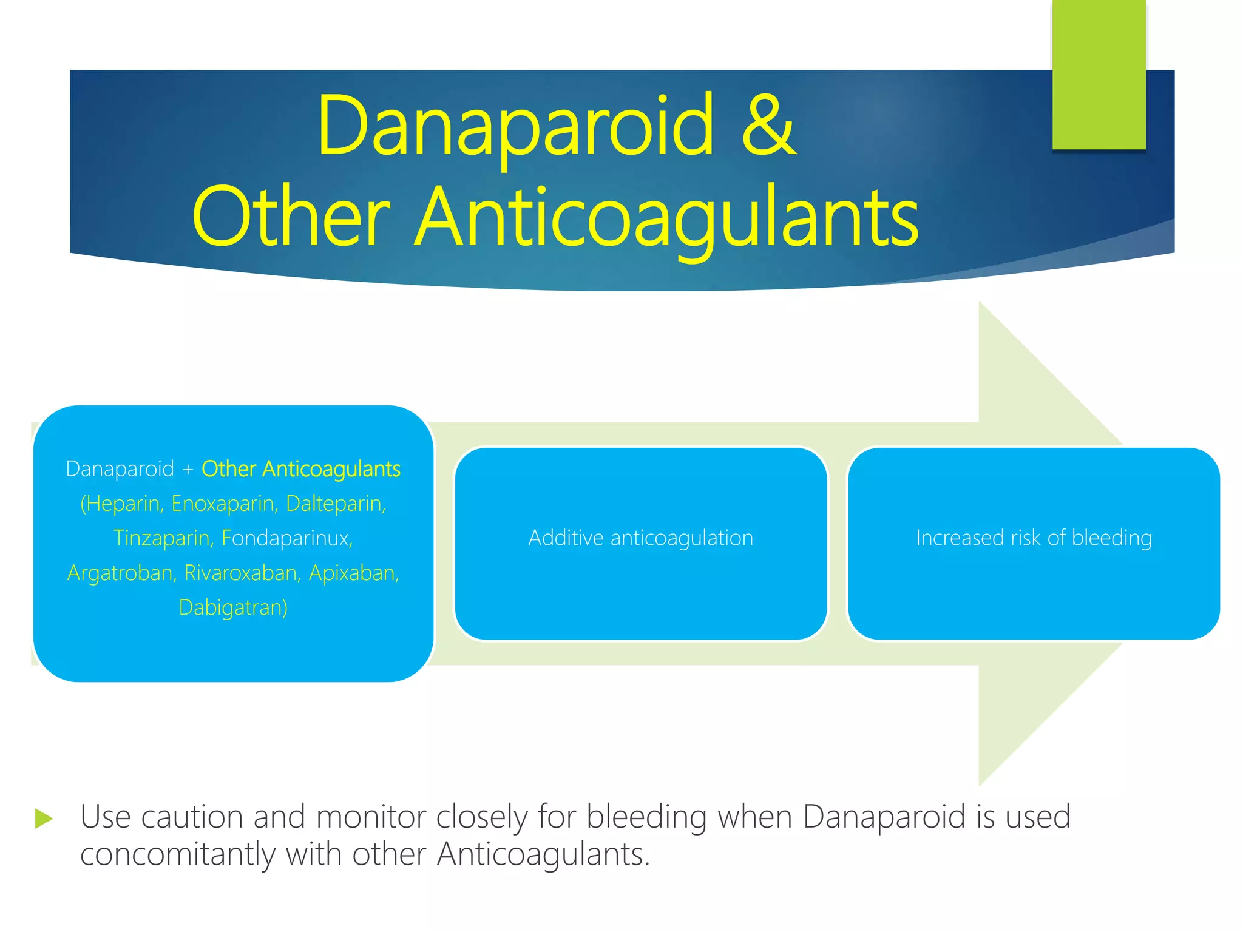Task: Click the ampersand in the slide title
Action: (x=768, y=126)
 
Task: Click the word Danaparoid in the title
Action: (x=515, y=126)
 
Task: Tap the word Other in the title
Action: (x=291, y=217)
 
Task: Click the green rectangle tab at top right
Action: (x=1099, y=74)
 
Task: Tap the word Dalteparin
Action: (x=336, y=504)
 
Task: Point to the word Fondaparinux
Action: (x=287, y=538)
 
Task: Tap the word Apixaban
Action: (x=354, y=573)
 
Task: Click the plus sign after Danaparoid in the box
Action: (x=188, y=470)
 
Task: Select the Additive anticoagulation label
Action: (x=640, y=538)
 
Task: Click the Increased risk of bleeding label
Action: (x=1034, y=538)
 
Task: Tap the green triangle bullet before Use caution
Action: (x=44, y=819)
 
